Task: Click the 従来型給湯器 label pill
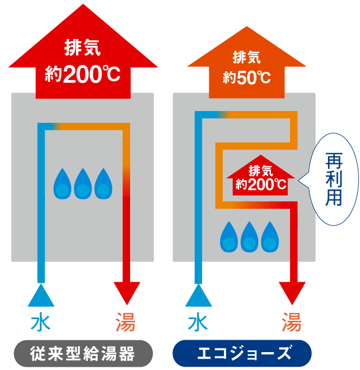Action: click(82, 355)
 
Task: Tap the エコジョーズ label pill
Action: click(241, 355)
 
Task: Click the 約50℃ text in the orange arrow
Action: click(247, 76)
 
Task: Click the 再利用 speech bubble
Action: click(332, 179)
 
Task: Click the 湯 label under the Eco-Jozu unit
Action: click(292, 323)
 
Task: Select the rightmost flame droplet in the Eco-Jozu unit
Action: click(269, 237)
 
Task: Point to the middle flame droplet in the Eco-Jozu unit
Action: click(249, 237)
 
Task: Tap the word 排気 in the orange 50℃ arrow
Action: click(247, 57)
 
